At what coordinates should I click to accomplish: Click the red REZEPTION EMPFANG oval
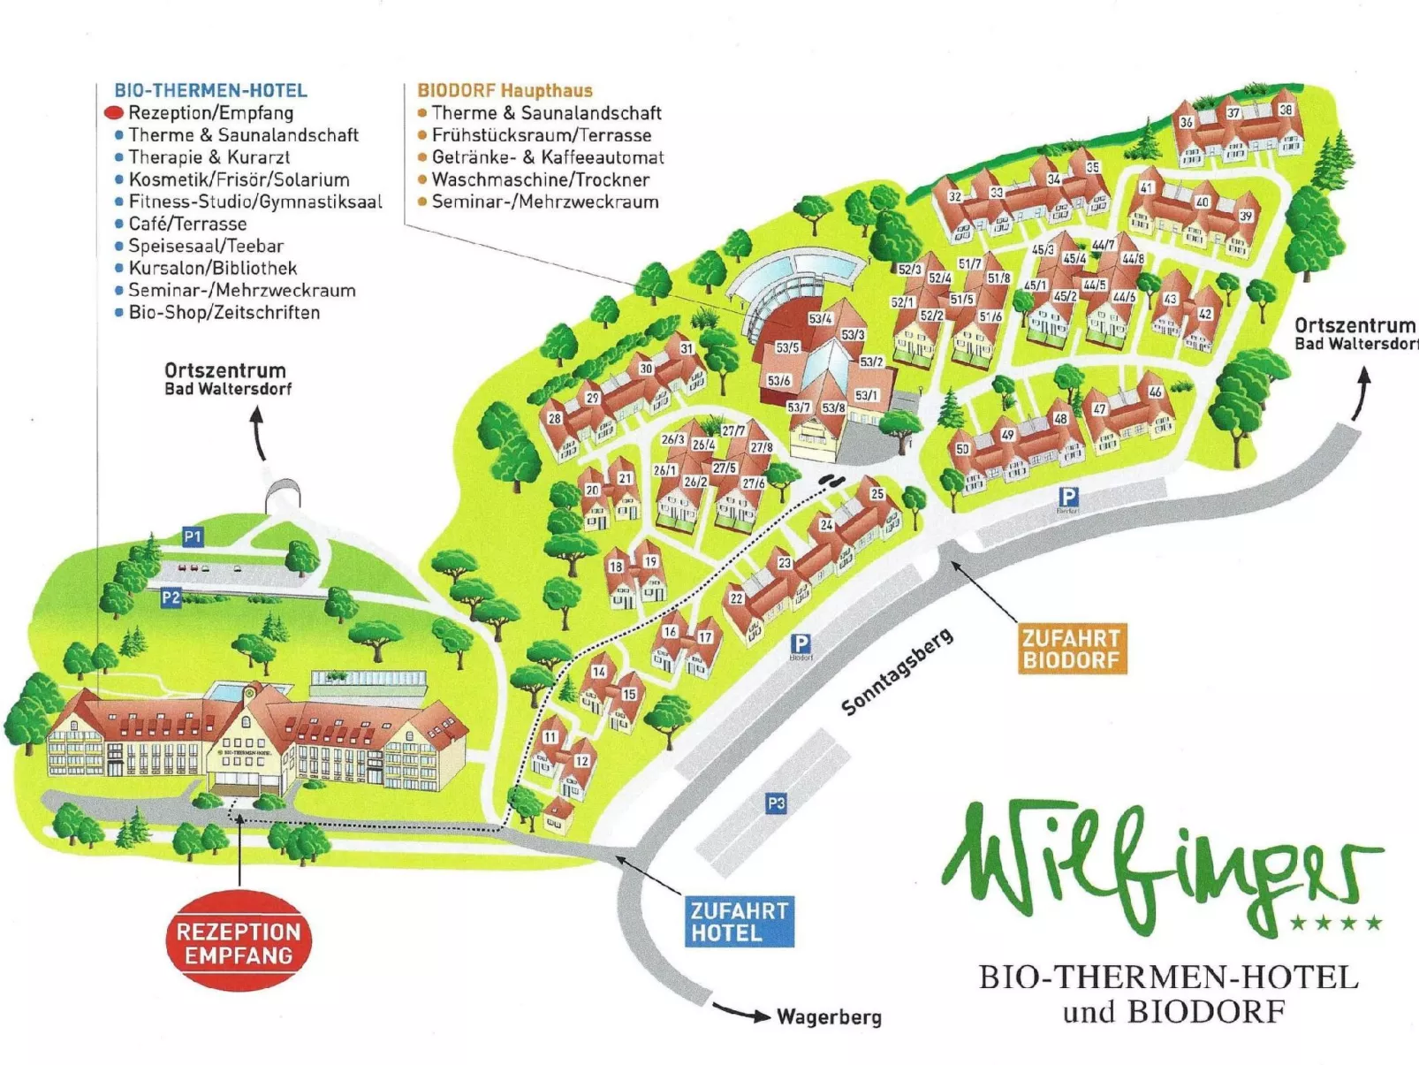(x=239, y=943)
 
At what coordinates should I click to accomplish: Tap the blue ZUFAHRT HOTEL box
(x=739, y=922)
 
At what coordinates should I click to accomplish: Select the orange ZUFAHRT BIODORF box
(x=1072, y=649)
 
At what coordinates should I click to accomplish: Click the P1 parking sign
(x=193, y=536)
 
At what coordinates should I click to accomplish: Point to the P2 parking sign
(x=171, y=598)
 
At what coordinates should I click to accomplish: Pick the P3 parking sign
(x=775, y=803)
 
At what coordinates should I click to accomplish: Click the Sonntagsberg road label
(x=896, y=672)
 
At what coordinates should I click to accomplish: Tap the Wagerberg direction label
(x=829, y=1017)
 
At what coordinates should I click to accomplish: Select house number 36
(x=1187, y=122)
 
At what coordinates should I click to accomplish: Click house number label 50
(x=962, y=449)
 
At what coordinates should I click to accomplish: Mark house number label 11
(x=550, y=736)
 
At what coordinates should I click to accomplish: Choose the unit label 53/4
(x=820, y=318)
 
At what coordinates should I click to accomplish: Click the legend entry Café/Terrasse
(x=187, y=224)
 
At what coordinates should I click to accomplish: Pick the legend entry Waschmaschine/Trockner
(x=540, y=179)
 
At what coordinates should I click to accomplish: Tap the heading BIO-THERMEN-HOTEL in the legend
(x=210, y=90)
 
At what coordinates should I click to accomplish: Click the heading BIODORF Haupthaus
(x=505, y=90)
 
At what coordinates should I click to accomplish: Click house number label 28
(x=554, y=418)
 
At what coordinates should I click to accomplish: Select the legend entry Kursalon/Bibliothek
(x=212, y=268)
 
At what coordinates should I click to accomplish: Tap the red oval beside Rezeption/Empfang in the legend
(x=114, y=113)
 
